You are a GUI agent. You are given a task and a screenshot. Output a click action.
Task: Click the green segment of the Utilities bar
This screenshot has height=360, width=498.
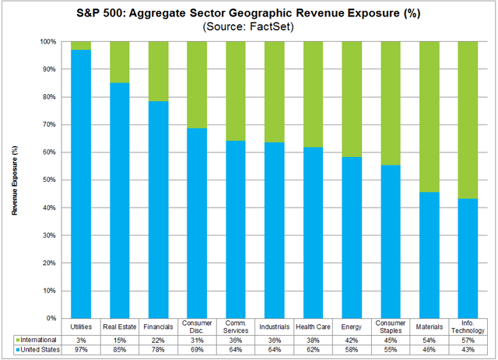coord(81,45)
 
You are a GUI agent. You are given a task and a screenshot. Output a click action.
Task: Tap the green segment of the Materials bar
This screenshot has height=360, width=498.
coord(429,117)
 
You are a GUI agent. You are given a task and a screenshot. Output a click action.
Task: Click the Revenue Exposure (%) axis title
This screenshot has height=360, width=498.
coord(15,180)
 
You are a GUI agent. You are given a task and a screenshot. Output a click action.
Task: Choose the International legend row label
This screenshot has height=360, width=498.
coord(34,341)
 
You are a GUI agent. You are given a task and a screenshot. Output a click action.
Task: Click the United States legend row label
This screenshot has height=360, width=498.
coord(34,351)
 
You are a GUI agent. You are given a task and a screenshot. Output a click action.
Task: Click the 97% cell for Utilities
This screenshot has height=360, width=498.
coord(81,351)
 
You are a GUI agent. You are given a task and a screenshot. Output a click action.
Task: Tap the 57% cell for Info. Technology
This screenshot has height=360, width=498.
coord(468,341)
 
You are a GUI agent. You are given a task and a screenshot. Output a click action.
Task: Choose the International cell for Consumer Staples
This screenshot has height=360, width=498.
coord(390,341)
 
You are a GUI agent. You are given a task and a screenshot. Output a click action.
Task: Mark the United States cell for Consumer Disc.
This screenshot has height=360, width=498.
coord(197,351)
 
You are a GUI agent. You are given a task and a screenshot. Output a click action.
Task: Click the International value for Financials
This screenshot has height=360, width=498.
coord(158,341)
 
